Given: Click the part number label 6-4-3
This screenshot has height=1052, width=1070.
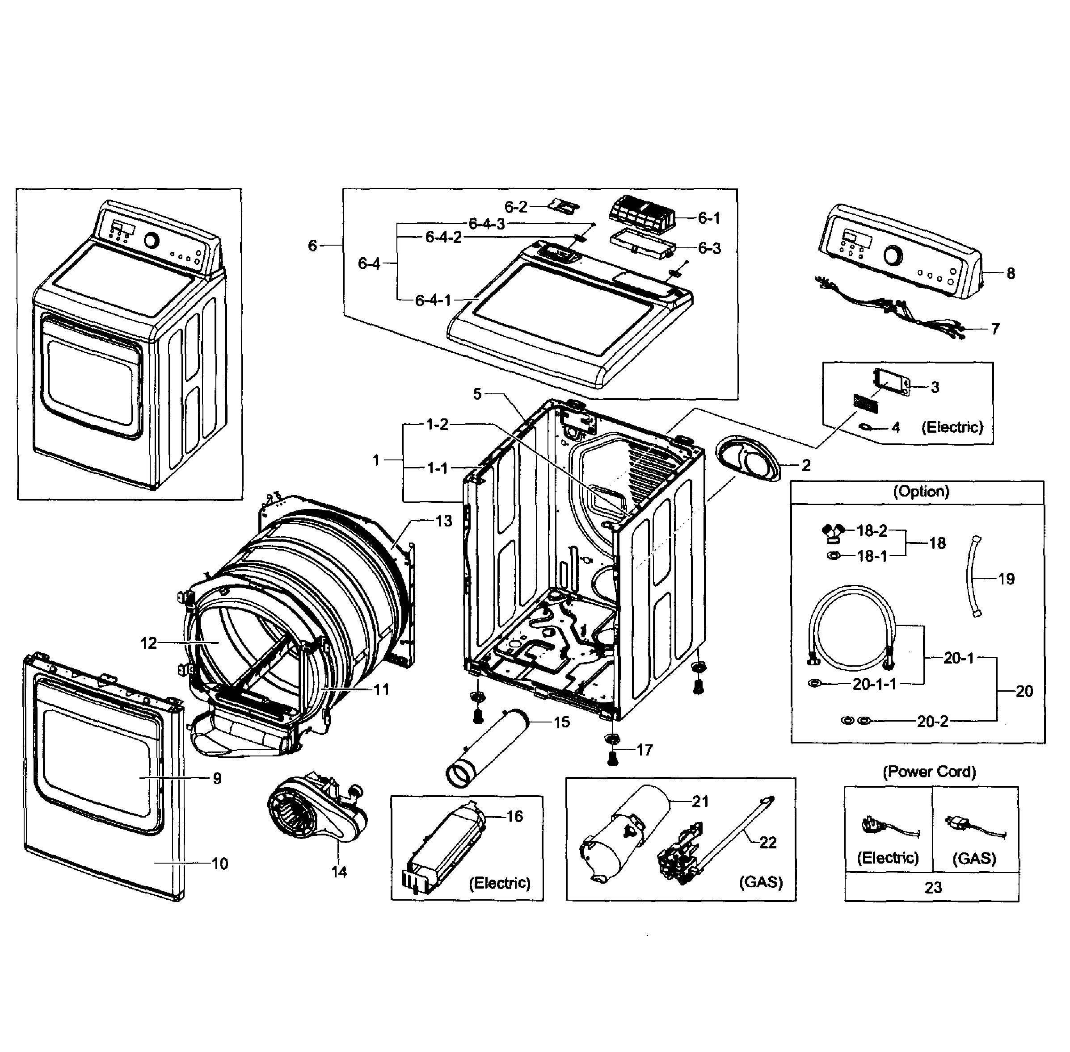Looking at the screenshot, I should (x=487, y=224).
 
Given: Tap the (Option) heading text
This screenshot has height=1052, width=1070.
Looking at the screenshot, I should (x=921, y=491).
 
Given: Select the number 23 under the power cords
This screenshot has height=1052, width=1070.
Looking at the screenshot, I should (x=933, y=887).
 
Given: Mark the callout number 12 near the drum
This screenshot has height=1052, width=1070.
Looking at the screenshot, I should (x=148, y=643).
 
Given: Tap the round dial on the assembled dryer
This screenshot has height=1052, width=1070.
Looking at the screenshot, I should (x=151, y=241).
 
